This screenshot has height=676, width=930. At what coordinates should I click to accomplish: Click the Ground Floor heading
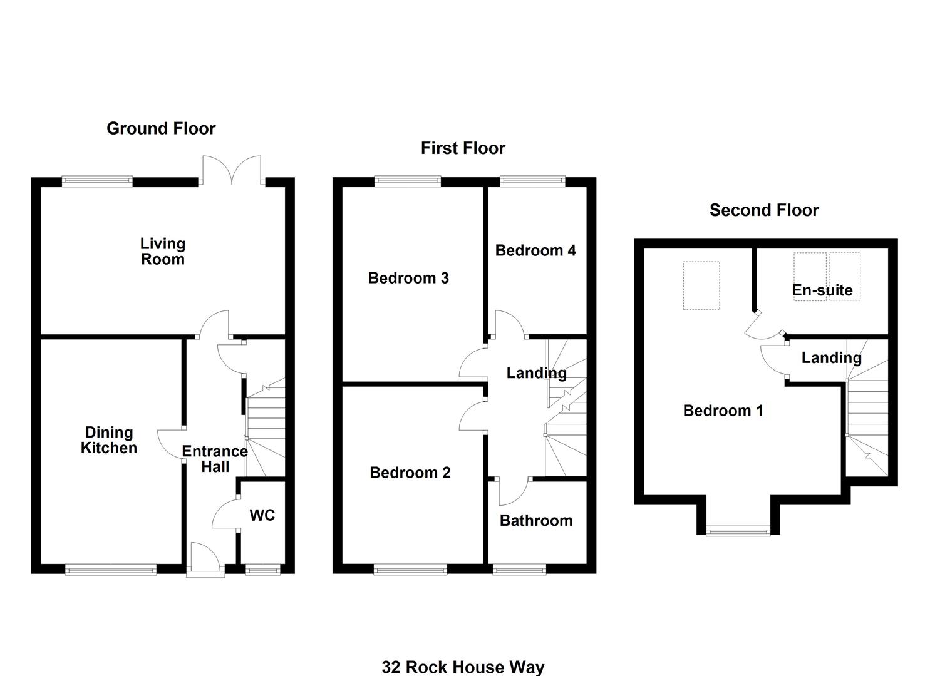pyautogui.click(x=161, y=129)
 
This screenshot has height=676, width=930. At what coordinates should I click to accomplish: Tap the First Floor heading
pyautogui.click(x=463, y=148)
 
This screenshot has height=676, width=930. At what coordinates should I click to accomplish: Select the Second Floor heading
pyautogui.click(x=764, y=210)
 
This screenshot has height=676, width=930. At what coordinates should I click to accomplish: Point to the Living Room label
pyautogui.click(x=163, y=251)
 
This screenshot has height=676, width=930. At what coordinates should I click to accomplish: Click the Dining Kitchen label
pyautogui.click(x=109, y=440)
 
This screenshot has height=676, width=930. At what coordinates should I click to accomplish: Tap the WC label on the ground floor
pyautogui.click(x=262, y=515)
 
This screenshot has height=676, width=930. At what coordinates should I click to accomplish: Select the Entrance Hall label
pyautogui.click(x=215, y=459)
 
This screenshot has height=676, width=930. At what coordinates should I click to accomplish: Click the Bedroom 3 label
pyautogui.click(x=408, y=278)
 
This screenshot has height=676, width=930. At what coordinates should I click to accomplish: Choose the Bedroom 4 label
pyautogui.click(x=535, y=250)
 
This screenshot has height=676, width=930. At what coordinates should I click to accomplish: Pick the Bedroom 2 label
pyautogui.click(x=410, y=472)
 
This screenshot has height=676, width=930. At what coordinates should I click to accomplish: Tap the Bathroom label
pyautogui.click(x=536, y=520)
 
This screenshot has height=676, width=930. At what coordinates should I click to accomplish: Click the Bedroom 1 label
pyautogui.click(x=723, y=411)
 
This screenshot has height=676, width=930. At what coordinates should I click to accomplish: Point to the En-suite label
pyautogui.click(x=822, y=290)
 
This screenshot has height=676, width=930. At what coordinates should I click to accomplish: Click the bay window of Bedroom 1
pyautogui.click(x=738, y=531)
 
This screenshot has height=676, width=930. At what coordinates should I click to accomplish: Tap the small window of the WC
pyautogui.click(x=263, y=570)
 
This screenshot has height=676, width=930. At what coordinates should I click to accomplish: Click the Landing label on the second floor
pyautogui.click(x=831, y=357)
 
